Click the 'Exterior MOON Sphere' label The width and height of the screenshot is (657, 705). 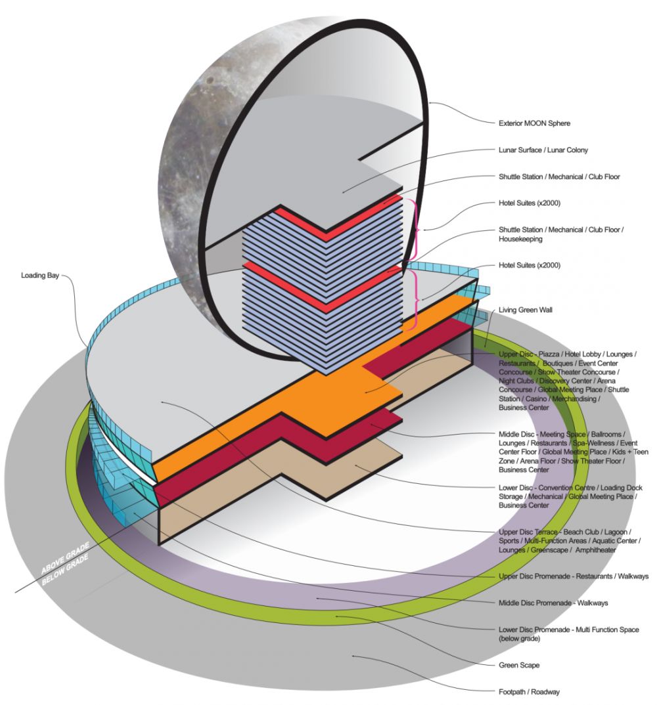click(x=534, y=123)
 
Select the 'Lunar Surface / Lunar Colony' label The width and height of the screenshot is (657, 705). click(x=543, y=150)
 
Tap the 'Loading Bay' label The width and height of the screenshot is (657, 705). click(x=40, y=275)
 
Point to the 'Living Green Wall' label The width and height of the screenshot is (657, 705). click(x=525, y=310)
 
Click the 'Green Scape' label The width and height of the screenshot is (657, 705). click(x=519, y=665)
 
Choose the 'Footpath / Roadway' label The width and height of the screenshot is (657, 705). click(x=529, y=692)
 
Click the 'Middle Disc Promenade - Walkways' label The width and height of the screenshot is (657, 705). click(x=553, y=603)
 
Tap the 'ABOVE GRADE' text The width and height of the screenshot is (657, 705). click(x=65, y=557)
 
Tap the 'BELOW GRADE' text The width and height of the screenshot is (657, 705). click(x=65, y=570)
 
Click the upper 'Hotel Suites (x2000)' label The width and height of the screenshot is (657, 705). click(x=529, y=203)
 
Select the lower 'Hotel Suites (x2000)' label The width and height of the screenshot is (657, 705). click(x=529, y=265)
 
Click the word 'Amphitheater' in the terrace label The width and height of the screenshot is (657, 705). click(x=595, y=550)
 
